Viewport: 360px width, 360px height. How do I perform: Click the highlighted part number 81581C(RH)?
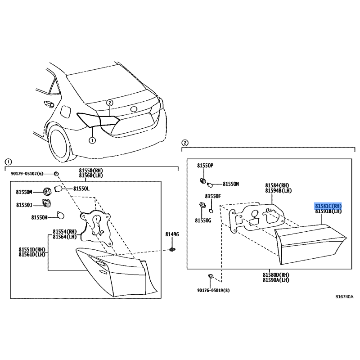[328, 206]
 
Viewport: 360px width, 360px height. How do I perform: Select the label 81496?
[172, 234]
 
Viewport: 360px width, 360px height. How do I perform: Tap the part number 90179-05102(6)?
[27, 174]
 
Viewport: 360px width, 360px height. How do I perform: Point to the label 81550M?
[24, 192]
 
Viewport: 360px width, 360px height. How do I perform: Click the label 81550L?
[81, 189]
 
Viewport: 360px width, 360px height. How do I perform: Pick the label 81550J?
[24, 205]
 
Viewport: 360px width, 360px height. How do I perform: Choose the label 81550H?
[39, 217]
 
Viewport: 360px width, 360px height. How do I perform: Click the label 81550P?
[205, 166]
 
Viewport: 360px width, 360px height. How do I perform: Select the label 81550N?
[231, 184]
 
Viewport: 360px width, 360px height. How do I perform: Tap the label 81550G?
[203, 220]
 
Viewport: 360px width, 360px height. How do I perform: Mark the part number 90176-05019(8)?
[213, 290]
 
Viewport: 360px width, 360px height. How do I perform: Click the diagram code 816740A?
[344, 297]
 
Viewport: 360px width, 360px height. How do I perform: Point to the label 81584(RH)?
[277, 185]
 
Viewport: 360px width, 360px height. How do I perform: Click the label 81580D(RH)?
[276, 275]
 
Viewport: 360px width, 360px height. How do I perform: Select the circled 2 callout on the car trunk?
[110, 103]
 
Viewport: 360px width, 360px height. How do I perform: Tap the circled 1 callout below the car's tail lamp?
[92, 140]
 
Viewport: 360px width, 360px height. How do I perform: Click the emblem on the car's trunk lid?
[134, 109]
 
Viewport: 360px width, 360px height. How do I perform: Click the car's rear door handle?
[49, 104]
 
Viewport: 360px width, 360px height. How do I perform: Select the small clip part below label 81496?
[172, 250]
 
